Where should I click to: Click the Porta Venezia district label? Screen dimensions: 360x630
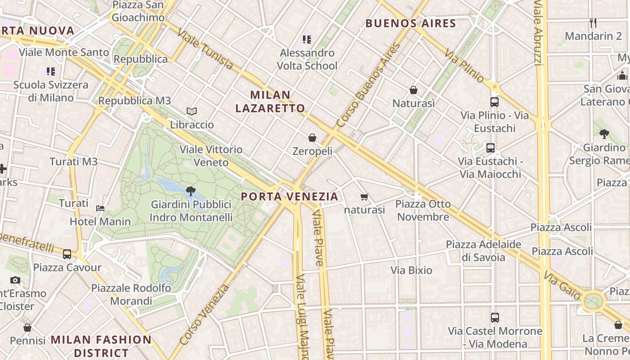pos(289,197)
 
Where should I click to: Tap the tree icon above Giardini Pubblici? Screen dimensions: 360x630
pos(191,191)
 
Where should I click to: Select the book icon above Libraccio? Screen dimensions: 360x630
pos(192,111)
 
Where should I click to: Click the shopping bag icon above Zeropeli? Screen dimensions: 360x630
pos(312,138)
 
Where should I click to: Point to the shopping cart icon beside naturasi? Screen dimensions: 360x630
pos(364,197)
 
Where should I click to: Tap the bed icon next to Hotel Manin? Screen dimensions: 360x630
pos(100,208)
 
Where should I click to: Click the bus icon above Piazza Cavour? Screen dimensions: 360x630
pos(67,254)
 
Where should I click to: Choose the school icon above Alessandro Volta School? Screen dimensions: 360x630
pos(307,40)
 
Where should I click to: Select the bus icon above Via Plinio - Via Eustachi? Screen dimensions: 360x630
pos(495,102)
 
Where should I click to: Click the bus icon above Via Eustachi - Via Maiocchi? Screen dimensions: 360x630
pos(490,148)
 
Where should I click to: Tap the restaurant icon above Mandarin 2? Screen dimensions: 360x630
pos(593,22)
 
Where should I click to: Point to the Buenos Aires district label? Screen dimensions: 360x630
pos(411,23)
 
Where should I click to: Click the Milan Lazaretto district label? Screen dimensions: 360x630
pos(270,102)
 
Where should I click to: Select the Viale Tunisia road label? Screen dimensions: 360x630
pos(205,49)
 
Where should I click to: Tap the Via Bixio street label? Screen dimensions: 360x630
pos(411,270)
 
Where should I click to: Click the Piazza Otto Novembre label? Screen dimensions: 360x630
pos(423,211)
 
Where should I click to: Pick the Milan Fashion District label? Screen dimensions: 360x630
pos(101,346)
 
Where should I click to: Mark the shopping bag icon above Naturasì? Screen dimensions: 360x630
pos(414,90)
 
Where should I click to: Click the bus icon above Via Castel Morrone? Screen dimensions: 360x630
pos(495,318)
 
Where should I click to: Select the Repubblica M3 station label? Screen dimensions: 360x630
pos(135,101)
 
